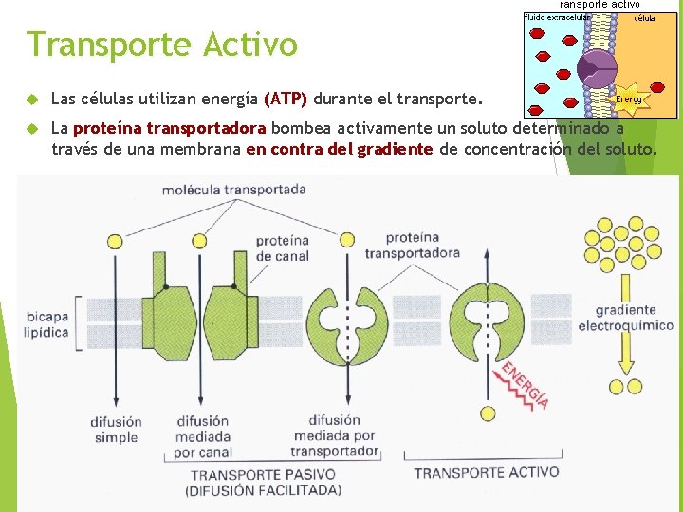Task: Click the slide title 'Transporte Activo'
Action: [x=161, y=45]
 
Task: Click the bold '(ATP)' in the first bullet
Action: [x=285, y=99]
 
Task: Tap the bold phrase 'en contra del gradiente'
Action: [x=339, y=149]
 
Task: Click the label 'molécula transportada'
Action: [x=233, y=190]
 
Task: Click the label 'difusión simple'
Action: [x=116, y=430]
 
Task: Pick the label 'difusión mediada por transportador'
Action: [x=335, y=435]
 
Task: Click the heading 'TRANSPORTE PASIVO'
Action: [x=264, y=474]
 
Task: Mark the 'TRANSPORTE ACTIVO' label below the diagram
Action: [x=486, y=472]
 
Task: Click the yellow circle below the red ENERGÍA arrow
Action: [x=488, y=413]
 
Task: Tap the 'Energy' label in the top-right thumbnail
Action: [x=628, y=99]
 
